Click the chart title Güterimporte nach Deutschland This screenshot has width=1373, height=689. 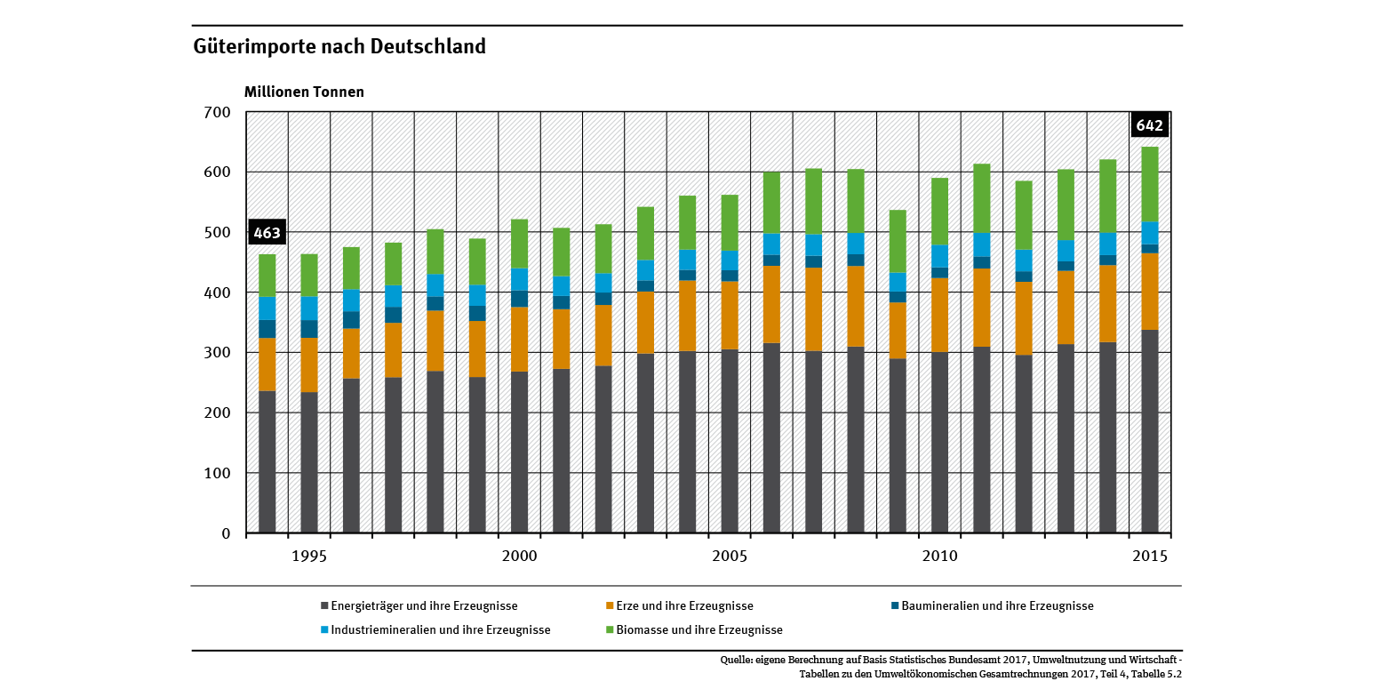339,46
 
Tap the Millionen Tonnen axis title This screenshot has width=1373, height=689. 304,92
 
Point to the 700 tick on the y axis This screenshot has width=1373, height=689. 218,112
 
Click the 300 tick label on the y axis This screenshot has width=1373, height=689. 218,353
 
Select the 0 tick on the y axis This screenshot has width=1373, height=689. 226,533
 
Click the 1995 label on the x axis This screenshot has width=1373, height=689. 308,557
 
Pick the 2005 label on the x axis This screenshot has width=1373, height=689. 730,557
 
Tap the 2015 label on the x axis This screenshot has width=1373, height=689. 1150,557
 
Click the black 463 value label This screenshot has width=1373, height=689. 267,233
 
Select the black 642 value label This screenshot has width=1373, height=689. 1150,126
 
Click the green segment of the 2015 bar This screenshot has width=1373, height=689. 1150,184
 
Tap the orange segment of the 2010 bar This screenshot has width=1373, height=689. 939,315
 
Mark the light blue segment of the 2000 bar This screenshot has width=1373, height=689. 519,279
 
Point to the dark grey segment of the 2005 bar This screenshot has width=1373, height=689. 730,441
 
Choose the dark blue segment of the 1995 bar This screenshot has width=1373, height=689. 308,328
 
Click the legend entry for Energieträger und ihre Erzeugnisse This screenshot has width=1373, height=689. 419,606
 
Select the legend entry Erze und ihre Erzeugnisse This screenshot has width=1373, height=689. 679,606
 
